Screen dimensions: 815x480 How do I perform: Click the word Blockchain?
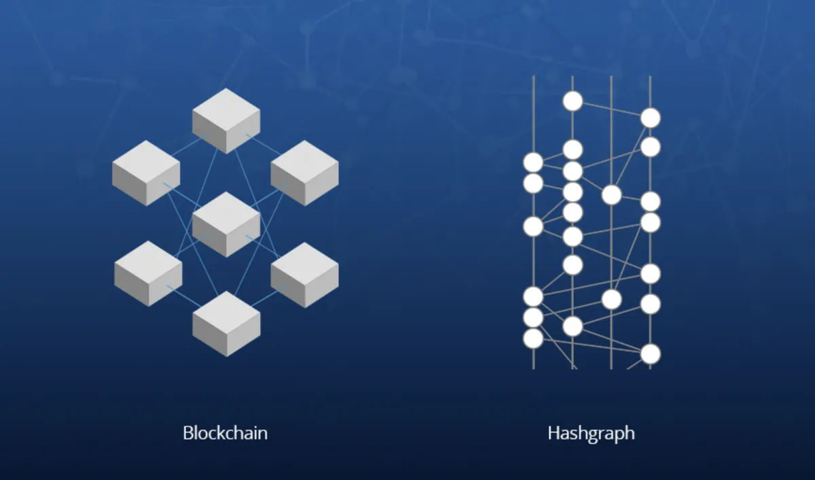click(x=225, y=433)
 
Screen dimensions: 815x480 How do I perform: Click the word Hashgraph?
click(x=592, y=434)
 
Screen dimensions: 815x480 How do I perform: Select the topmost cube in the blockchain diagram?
click(x=226, y=121)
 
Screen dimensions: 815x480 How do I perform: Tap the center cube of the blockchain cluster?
click(x=226, y=224)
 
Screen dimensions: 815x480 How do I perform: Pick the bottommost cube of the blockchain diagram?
click(x=226, y=324)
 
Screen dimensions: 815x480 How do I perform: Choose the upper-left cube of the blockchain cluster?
click(x=146, y=173)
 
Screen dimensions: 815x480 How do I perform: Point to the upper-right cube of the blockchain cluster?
click(x=305, y=173)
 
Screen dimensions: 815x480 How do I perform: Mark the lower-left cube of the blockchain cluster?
click(x=148, y=273)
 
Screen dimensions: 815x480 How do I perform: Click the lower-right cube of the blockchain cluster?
click(x=305, y=275)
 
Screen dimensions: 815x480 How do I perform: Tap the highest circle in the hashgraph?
click(x=573, y=101)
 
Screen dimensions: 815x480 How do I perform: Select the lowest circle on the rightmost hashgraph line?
click(x=651, y=354)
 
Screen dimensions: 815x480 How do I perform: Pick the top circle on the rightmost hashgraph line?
click(x=651, y=118)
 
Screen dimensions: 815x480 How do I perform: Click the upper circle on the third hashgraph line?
click(x=612, y=195)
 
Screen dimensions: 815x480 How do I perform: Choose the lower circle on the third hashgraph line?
click(x=612, y=299)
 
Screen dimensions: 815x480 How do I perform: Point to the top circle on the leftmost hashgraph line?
click(x=533, y=162)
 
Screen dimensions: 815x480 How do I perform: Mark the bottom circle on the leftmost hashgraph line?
click(x=533, y=339)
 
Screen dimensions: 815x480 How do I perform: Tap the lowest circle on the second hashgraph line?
click(x=573, y=326)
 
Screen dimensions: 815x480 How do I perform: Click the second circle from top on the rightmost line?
click(x=651, y=147)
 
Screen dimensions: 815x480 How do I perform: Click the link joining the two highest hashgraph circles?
click(x=612, y=109)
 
